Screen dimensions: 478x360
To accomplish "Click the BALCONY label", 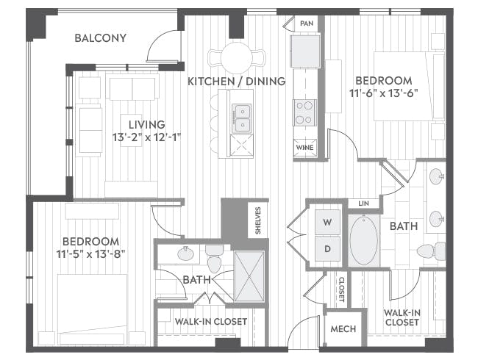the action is tap(100, 38).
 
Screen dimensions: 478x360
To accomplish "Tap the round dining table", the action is tap(237, 57).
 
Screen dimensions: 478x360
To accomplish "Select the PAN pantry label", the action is tap(307, 24).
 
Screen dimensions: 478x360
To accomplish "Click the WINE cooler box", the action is tap(305, 148).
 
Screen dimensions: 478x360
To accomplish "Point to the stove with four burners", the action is tap(304, 113).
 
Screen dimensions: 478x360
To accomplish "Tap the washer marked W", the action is tap(327, 222).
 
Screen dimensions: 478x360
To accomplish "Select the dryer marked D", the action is tap(327, 248).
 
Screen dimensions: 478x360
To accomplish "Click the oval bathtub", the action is tap(364, 240).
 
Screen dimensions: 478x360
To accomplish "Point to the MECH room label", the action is tap(343, 329).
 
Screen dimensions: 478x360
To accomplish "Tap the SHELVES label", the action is tap(258, 220).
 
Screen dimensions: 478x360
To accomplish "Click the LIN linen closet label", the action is tap(363, 204).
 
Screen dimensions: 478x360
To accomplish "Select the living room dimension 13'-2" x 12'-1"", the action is tap(147, 137).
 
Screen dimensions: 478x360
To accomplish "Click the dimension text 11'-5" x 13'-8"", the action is tap(91, 253).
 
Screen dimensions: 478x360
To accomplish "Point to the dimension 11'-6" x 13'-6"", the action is tap(383, 93).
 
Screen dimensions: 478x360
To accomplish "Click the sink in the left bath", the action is tap(185, 253).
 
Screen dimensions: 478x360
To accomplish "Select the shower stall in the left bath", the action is tap(249, 276).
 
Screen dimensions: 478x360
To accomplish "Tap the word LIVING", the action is tap(146, 125).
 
